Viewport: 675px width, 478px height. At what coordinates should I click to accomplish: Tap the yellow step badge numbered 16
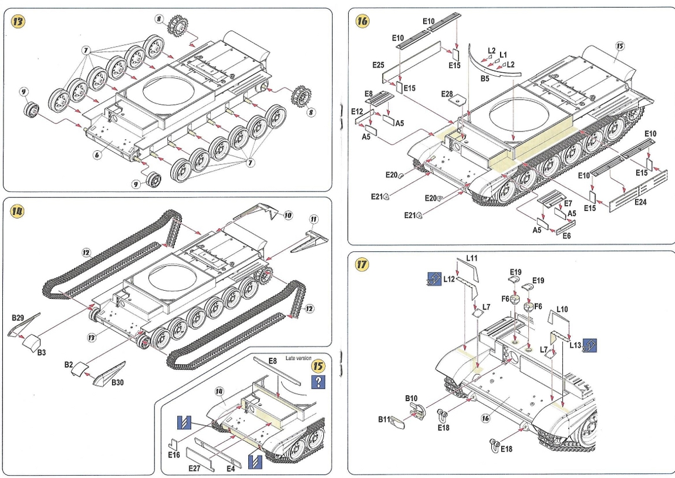[363, 21]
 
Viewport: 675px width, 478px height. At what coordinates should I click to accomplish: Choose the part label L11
[472, 258]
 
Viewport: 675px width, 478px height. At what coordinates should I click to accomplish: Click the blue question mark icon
[319, 382]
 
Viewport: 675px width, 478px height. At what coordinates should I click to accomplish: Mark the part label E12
[357, 111]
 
